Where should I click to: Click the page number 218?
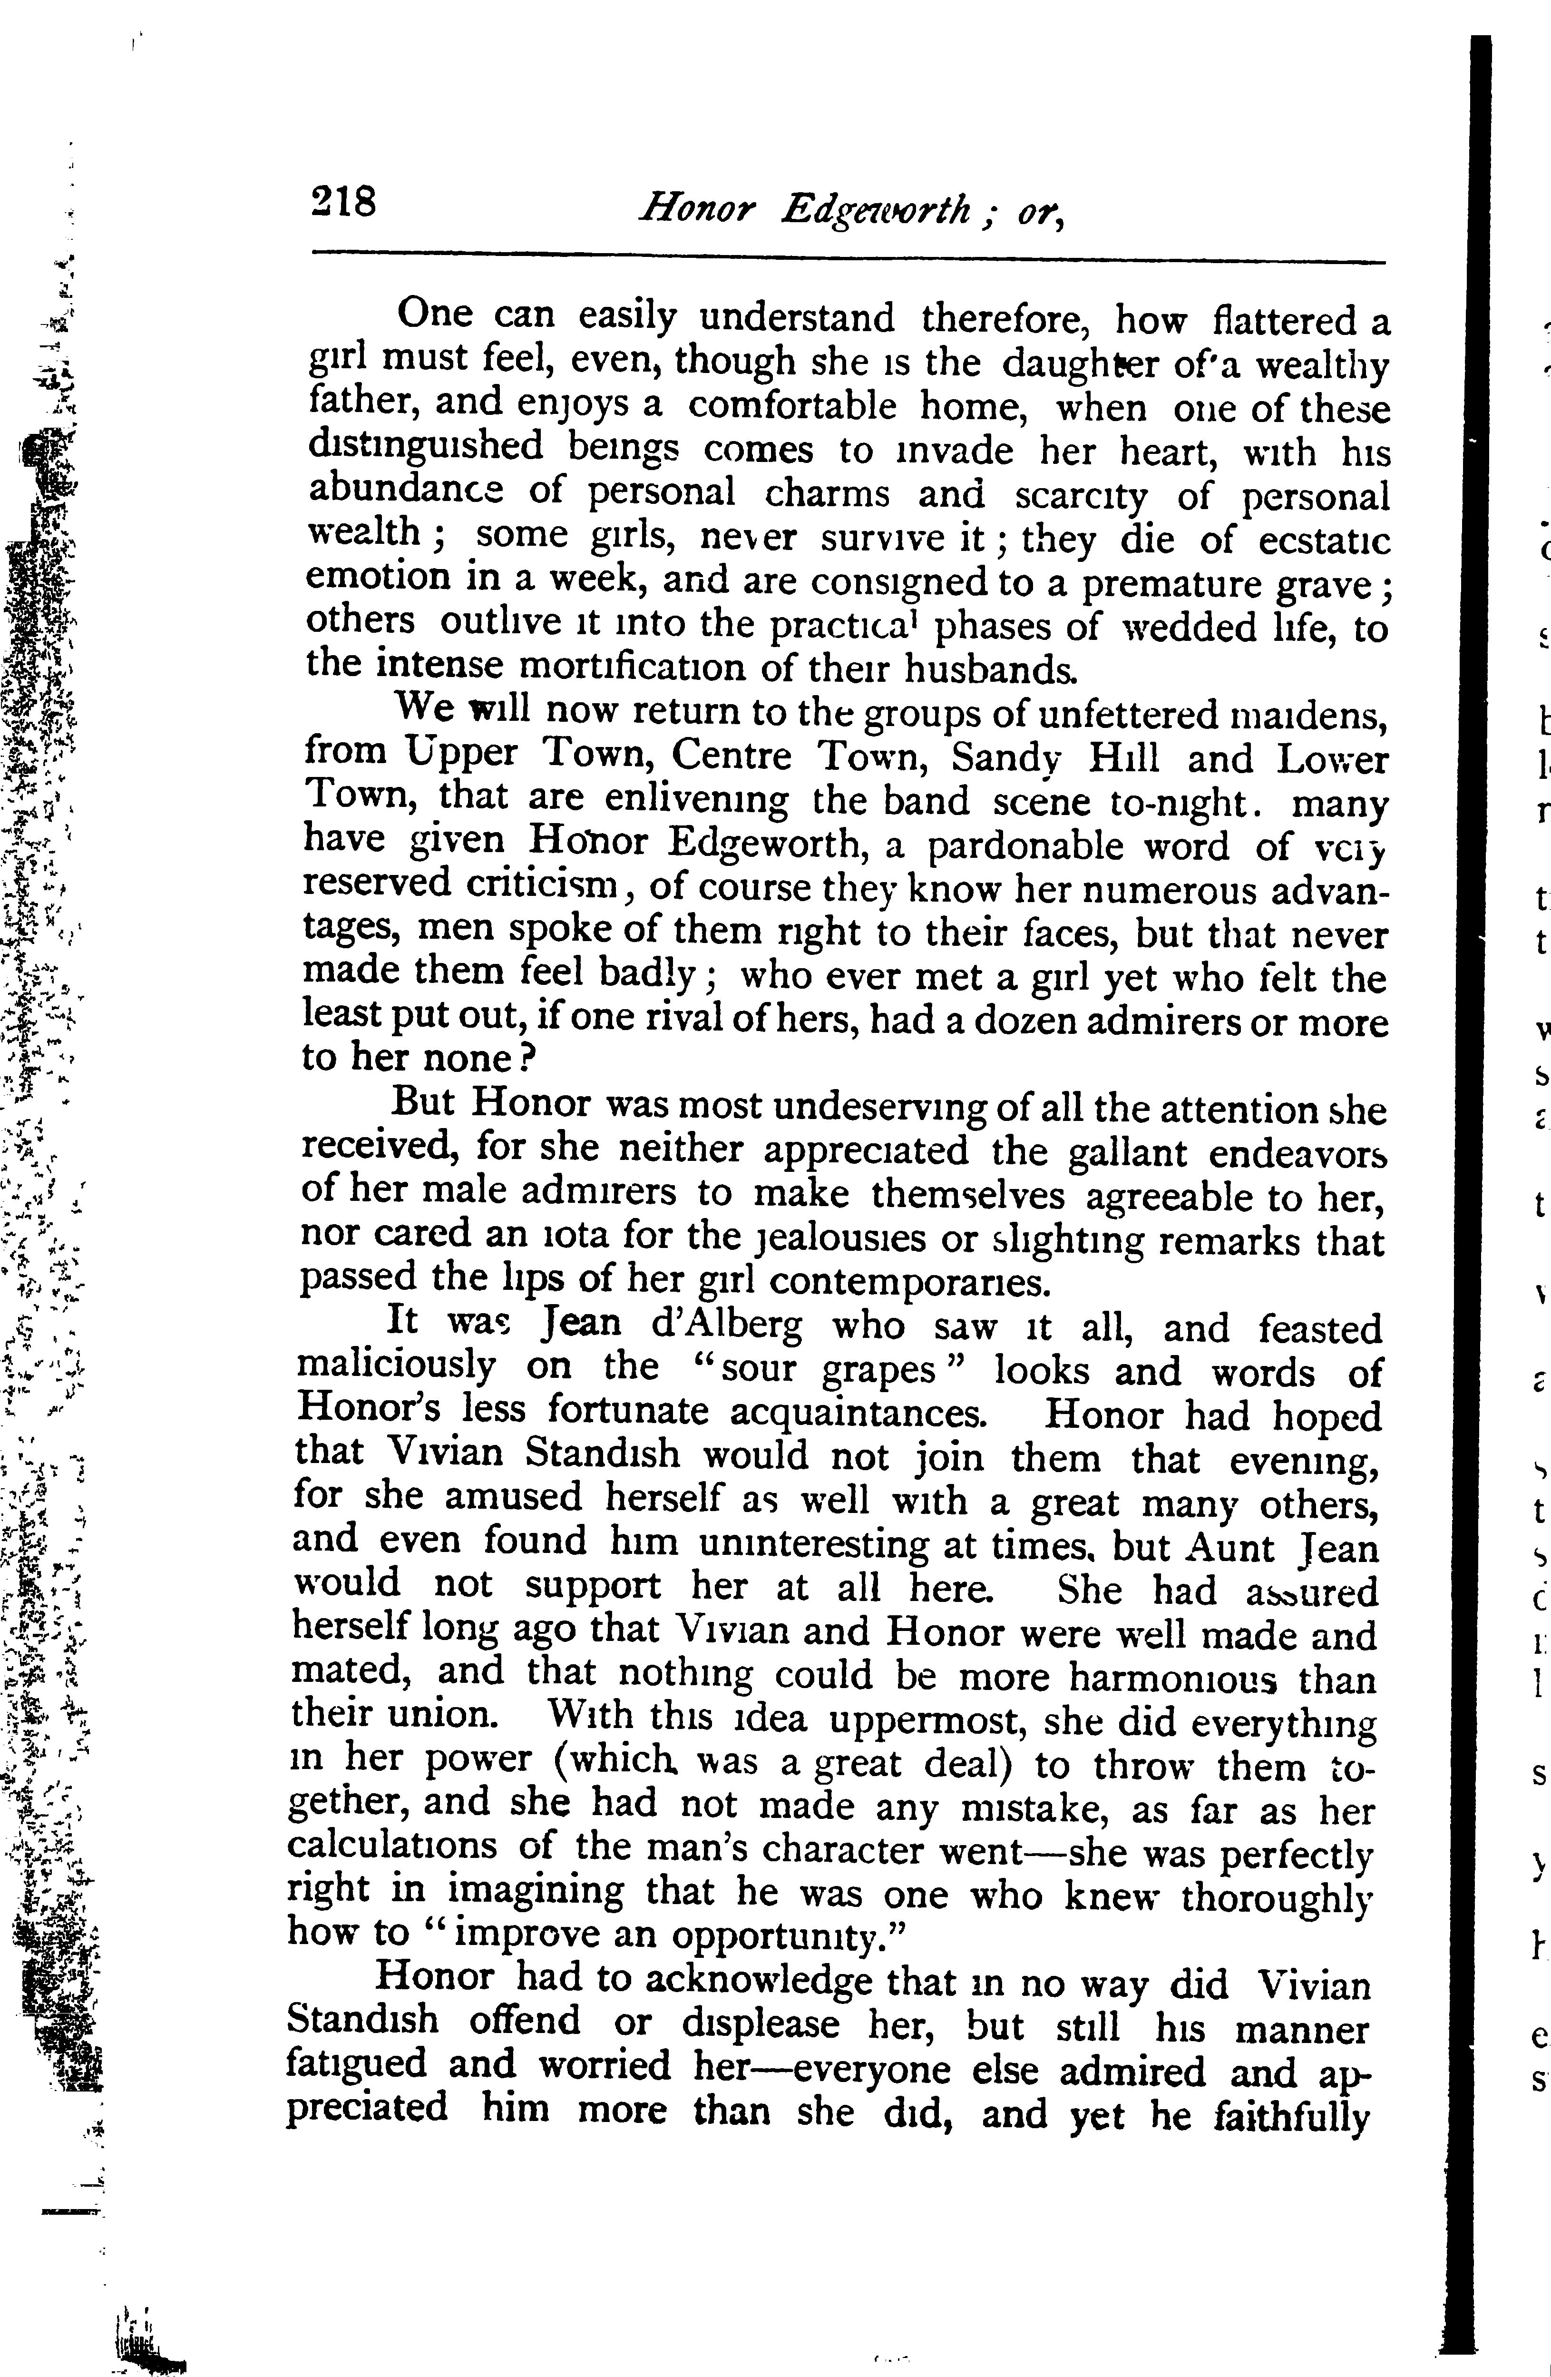pyautogui.click(x=342, y=203)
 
